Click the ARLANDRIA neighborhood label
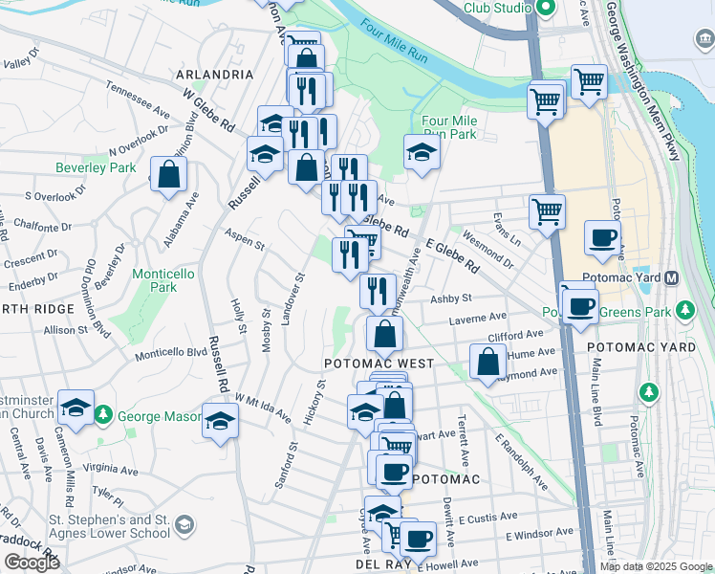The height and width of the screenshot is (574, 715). (215, 74)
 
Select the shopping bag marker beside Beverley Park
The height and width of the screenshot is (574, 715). (168, 175)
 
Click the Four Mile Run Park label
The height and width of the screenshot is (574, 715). (448, 127)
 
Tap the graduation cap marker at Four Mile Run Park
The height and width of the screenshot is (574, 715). (421, 152)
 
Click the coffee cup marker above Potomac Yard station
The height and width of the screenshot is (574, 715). (602, 237)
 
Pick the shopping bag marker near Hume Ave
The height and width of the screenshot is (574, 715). (487, 362)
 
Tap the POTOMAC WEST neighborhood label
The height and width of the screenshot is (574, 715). (379, 364)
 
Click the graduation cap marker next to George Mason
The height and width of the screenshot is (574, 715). (220, 421)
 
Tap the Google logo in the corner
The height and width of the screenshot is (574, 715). (32, 563)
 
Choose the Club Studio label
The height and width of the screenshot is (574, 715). (498, 8)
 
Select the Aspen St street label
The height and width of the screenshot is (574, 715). (245, 240)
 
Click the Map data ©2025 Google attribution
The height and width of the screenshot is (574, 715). (656, 566)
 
